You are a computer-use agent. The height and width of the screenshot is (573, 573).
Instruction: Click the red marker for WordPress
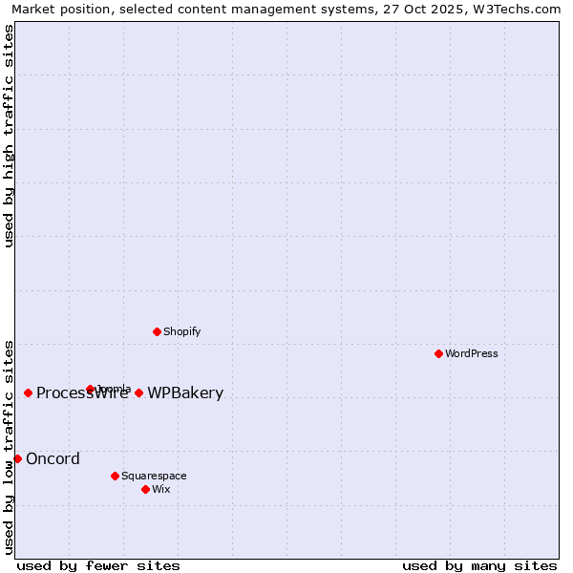438,353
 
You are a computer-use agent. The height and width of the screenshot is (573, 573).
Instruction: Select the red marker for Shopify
157,331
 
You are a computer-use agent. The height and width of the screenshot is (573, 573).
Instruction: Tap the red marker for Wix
145,489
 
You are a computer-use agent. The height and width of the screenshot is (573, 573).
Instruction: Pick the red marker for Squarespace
115,476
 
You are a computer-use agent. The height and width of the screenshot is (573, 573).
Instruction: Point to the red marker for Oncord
17,458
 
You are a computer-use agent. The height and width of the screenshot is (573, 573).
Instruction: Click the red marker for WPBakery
138,393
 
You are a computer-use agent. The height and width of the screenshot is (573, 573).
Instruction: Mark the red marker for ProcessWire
28,393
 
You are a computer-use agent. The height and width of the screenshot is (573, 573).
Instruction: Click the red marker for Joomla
90,389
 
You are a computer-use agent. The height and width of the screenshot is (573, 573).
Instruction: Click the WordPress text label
472,353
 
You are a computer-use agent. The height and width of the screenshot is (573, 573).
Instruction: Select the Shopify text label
182,331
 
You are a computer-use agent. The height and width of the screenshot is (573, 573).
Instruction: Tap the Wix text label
161,489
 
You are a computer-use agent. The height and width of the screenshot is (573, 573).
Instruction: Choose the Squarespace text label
154,476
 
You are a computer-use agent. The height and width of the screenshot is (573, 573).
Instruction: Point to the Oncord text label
53,458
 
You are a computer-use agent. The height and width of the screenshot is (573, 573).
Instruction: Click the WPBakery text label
185,393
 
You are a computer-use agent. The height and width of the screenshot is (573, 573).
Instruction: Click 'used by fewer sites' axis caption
98,565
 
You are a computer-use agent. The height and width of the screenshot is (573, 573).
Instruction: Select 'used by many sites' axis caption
479,565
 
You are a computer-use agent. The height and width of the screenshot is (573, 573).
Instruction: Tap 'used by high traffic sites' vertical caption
9,136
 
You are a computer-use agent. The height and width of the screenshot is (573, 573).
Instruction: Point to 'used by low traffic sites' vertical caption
9,446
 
